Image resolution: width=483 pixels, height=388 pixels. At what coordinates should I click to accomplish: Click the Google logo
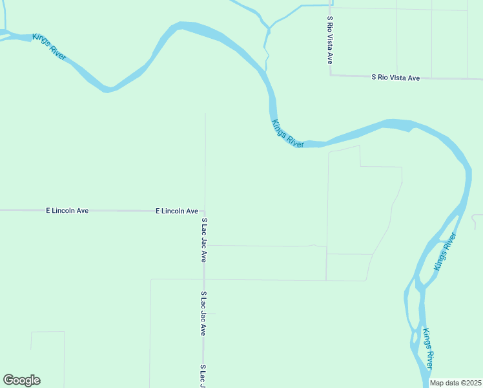[x=21, y=380]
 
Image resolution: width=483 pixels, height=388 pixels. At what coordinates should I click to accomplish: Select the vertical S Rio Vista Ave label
[x=329, y=39]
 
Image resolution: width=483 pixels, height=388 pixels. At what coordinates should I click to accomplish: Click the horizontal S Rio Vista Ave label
[x=395, y=78]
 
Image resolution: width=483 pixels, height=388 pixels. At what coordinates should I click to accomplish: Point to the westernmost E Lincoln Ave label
[x=67, y=211]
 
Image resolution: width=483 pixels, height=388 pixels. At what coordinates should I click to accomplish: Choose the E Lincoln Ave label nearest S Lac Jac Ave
[x=176, y=211]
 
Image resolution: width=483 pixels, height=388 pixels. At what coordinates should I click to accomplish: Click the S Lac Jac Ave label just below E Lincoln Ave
[x=203, y=240]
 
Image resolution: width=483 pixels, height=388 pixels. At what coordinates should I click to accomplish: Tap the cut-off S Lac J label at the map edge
[x=203, y=376]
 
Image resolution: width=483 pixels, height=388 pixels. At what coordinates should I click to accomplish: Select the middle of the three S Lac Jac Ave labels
[x=203, y=313]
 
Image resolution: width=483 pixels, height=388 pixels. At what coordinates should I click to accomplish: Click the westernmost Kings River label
[x=50, y=47]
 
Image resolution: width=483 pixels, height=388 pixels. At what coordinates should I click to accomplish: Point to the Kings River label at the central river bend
[x=287, y=133]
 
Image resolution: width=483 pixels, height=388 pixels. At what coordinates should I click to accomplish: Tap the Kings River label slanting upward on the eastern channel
[x=445, y=252]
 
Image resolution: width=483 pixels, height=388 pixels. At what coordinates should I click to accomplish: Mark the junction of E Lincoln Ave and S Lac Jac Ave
[x=205, y=211]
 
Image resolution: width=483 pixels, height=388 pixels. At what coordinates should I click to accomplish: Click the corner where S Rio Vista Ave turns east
[x=331, y=74]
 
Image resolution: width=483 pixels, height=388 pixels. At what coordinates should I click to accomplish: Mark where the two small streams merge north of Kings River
[x=268, y=28]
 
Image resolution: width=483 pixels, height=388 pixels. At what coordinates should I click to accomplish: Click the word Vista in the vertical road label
[x=329, y=41]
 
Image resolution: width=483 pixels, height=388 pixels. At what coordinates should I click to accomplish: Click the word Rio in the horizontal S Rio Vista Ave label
[x=384, y=78]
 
